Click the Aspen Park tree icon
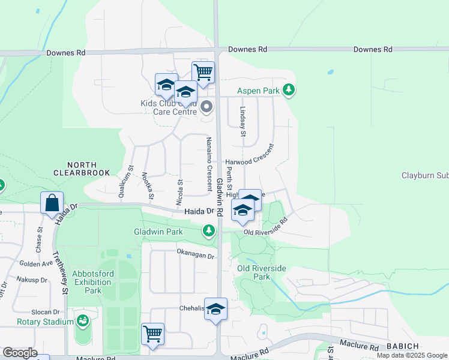289,90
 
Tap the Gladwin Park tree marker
208,230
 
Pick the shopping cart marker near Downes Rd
203,72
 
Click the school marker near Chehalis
216,309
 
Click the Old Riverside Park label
262,272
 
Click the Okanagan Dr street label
195,256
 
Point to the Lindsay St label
243,122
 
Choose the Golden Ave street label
36,263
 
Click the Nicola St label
179,192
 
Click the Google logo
19,353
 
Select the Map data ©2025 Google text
412,355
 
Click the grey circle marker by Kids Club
207,107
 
